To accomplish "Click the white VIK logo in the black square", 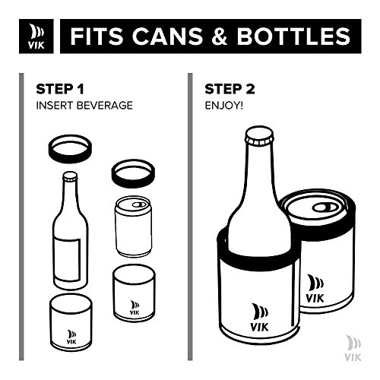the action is coord(36,36).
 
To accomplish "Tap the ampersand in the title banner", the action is coord(220,36).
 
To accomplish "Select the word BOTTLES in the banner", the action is coord(293,36).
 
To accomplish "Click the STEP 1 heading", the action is coord(60,89).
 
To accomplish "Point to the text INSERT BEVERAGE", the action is coord(84,106).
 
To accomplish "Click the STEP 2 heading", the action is coord(230,89).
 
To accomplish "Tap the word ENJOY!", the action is coord(224,106).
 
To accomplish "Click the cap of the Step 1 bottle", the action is coord(70,176).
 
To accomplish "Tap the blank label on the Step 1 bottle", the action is coord(68,260).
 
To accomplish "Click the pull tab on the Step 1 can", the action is coord(139,204).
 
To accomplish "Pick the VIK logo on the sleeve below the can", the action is coord(135,308).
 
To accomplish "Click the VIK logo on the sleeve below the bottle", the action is coord(71,337).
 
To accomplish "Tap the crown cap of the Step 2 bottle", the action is coord(259,136).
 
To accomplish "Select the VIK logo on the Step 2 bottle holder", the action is coord(259,317).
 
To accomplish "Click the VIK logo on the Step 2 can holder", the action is coord(315,289).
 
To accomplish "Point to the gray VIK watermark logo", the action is coord(353,348).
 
